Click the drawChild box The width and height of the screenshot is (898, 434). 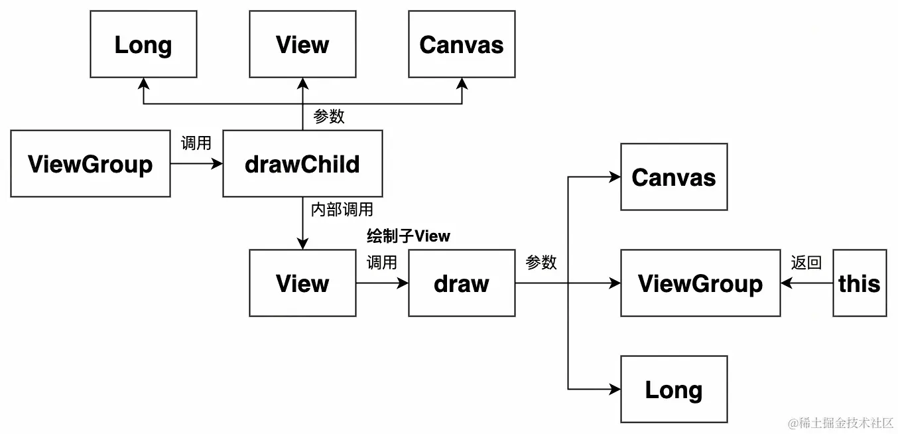302,163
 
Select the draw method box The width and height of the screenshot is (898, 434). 462,283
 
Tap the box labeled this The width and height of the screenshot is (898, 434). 860,283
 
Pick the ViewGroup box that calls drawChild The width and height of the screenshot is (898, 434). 90,163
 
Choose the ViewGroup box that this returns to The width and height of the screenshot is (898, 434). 700,283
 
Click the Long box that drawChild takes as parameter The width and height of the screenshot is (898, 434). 143,44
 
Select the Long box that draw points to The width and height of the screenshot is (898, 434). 674,390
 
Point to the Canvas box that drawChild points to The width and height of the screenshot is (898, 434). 462,44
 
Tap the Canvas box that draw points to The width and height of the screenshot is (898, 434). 674,177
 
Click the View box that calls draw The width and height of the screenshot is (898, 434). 302,283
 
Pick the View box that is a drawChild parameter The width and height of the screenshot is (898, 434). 302,44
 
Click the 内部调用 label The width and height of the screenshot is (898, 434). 342,210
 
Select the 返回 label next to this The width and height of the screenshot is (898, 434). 806,263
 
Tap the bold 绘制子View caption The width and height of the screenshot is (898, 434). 409,236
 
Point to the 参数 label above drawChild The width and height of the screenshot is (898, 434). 329,117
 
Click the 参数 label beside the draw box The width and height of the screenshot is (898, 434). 541,263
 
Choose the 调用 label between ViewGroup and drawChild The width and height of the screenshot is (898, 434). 196,143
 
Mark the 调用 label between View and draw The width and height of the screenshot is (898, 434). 382,263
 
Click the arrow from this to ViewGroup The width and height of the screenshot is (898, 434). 806,283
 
